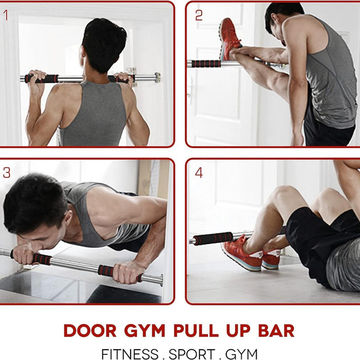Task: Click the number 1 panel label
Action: (x=6, y=15)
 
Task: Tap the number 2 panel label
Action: (x=199, y=15)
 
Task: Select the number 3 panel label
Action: (x=7, y=173)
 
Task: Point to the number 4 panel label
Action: (x=199, y=173)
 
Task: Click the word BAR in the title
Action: (x=278, y=330)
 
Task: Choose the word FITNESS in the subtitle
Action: (x=130, y=354)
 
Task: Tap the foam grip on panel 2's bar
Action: (x=206, y=64)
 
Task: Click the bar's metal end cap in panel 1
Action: (x=156, y=78)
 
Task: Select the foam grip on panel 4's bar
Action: (x=213, y=239)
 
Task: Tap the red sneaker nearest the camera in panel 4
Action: (x=242, y=255)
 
